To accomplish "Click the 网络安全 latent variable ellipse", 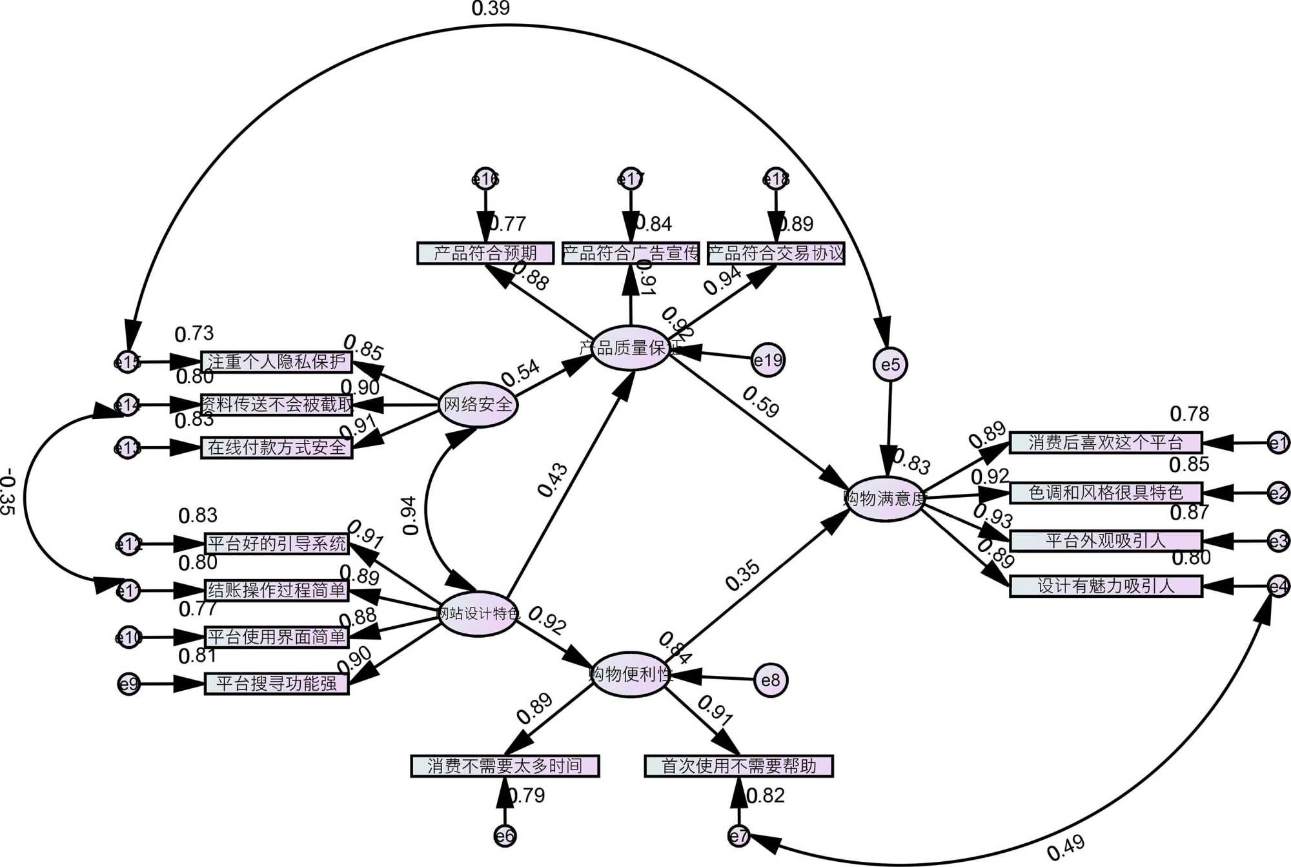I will [478, 405].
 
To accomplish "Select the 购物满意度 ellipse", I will [885, 498].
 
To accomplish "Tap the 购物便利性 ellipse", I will [630, 675].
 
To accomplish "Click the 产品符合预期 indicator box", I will [485, 253].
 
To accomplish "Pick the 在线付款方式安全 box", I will [277, 447].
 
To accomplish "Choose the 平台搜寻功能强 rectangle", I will [277, 684].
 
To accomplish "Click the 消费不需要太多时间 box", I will [505, 766].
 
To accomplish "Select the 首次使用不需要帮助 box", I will [738, 766].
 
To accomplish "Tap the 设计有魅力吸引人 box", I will [1106, 586].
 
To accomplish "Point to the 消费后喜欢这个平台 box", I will [1106, 443].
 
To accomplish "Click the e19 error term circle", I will [768, 360].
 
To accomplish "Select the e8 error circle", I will [771, 680].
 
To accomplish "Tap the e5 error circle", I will [890, 365].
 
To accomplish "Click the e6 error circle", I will [505, 837].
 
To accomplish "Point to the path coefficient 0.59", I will [760, 402].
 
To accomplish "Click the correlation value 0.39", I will [491, 8].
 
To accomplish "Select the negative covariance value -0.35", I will [8, 492].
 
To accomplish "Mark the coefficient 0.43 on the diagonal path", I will [553, 480].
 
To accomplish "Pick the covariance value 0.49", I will [1065, 848].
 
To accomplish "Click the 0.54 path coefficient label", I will [520, 372].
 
